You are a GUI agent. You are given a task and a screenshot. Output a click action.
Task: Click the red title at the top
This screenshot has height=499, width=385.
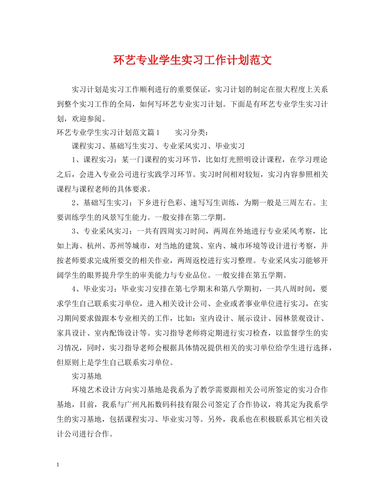[192, 60]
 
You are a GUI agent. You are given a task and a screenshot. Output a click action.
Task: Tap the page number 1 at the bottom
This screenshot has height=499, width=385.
[59, 465]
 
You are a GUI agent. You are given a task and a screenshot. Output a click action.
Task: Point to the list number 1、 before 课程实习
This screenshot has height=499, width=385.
[77, 160]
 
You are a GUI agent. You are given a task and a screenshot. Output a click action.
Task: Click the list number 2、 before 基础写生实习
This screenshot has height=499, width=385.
[77, 203]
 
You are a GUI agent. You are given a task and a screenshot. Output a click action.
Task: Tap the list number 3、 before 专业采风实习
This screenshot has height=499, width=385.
[77, 232]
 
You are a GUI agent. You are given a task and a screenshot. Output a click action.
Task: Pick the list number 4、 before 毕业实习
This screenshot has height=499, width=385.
[77, 289]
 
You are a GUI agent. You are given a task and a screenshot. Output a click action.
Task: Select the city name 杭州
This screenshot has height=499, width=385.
[98, 246]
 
